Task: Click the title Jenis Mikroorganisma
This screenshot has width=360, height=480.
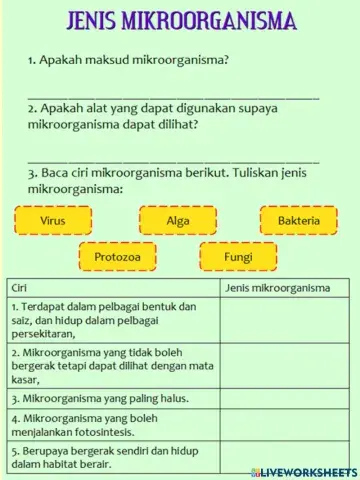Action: [180, 21]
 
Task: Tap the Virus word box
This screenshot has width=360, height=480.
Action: [52, 220]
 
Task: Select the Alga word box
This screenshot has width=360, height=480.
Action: [178, 220]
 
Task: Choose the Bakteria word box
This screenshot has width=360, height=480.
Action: [299, 220]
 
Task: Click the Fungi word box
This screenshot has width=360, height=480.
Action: [238, 257]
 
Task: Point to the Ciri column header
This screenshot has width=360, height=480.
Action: [20, 288]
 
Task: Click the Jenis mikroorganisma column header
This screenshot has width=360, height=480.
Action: [278, 288]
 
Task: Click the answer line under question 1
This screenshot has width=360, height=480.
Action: [174, 97]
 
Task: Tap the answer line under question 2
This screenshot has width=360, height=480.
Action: [174, 160]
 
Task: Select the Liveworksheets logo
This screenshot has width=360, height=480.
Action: [307, 471]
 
